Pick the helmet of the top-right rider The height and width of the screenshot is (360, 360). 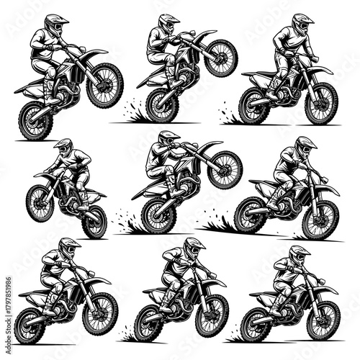tap(303, 23)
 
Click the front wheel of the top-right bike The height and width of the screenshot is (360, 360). tap(320, 103)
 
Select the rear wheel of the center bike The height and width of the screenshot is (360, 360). tap(158, 214)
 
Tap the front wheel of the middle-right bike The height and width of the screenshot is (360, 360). tap(320, 219)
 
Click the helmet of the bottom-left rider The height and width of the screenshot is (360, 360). tap(69, 248)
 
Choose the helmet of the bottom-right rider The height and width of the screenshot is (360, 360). tap(300, 254)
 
